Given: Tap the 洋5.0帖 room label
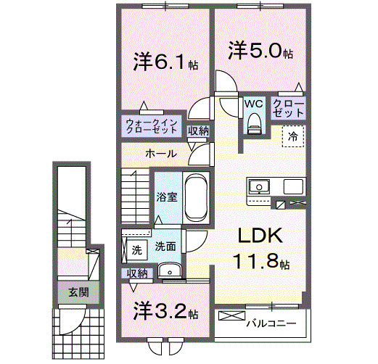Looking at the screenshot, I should (261, 53).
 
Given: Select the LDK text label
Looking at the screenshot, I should (255, 238).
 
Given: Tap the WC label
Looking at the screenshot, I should (252, 104).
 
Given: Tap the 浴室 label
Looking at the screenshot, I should (166, 197).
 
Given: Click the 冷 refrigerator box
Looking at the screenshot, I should (294, 136).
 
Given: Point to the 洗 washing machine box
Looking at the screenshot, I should (136, 251).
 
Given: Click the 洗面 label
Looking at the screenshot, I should (165, 247).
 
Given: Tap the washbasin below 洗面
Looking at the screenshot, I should (169, 271).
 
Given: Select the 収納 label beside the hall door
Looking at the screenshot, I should (198, 131).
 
